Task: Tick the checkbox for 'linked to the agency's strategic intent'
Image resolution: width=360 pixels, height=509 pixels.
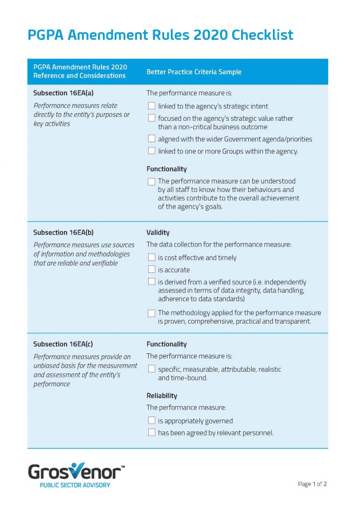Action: click(152, 106)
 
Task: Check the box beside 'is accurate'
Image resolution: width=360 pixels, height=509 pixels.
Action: click(152, 269)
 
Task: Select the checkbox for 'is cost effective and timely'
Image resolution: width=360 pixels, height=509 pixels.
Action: click(152, 257)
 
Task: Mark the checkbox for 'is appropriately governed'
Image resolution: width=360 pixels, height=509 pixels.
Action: click(152, 421)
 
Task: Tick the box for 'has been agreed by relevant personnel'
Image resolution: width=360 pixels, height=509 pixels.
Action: click(152, 432)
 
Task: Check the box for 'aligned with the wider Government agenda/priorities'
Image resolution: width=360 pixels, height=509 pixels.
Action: click(152, 139)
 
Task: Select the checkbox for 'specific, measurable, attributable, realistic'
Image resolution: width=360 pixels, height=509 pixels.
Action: click(152, 369)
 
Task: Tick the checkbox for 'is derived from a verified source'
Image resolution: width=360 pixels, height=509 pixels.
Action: click(152, 282)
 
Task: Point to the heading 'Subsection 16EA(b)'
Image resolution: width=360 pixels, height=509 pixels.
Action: click(63, 232)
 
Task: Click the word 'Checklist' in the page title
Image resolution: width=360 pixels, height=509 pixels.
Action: click(263, 35)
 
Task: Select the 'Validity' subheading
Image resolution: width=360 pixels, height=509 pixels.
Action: click(158, 232)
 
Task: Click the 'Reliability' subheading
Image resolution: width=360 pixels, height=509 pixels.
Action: click(162, 396)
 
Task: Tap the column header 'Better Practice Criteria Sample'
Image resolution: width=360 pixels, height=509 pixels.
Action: click(193, 72)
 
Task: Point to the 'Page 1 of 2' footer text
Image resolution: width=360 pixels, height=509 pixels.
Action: click(312, 484)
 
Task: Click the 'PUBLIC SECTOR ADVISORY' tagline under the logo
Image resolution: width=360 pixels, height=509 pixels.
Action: click(75, 485)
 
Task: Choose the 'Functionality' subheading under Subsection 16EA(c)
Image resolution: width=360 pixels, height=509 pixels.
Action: click(167, 344)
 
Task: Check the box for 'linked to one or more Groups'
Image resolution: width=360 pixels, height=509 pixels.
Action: click(152, 151)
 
